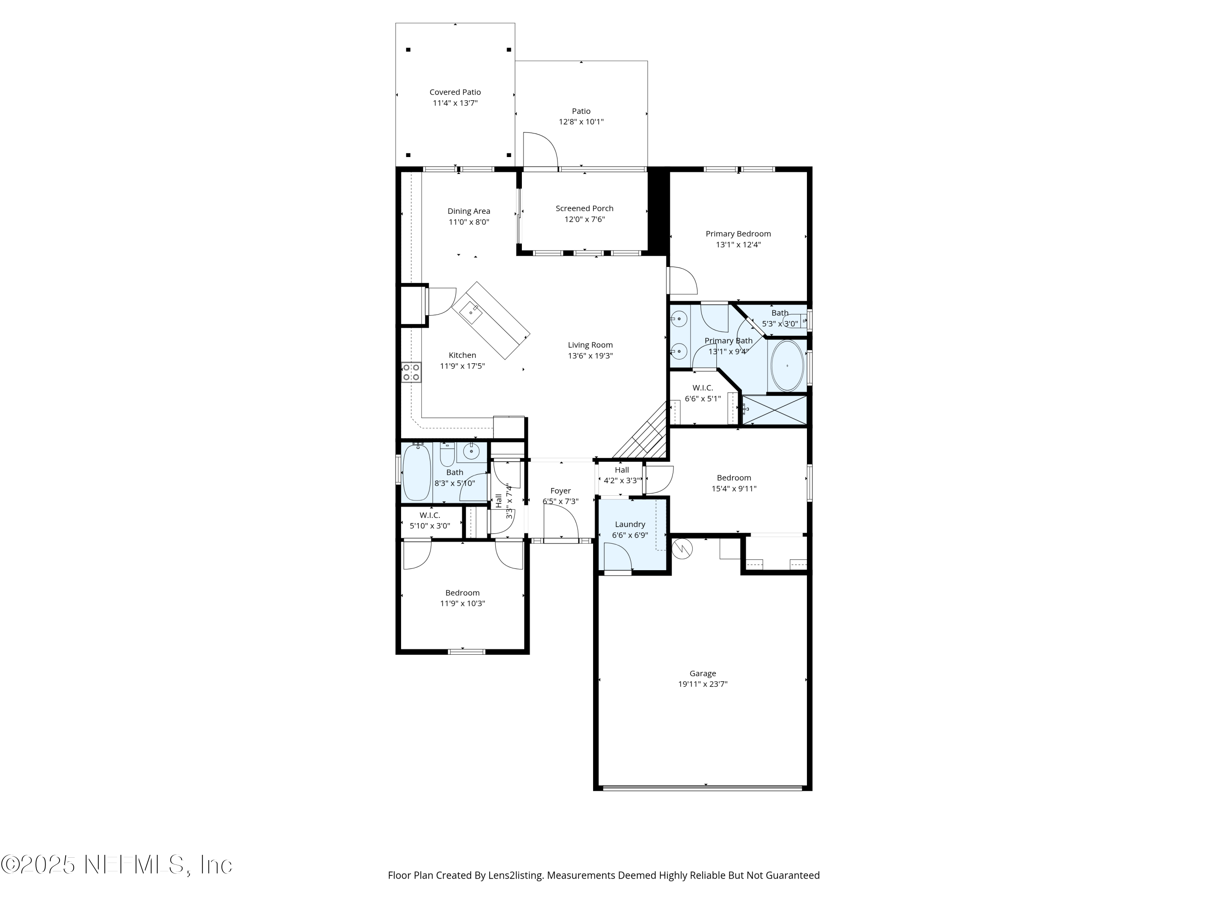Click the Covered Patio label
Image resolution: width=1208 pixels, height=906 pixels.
coord(455,92)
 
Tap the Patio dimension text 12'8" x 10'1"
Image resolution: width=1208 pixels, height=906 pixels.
coord(581,122)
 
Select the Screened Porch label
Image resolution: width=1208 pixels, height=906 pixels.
coord(584,209)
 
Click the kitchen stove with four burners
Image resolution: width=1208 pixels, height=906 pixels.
coord(411,372)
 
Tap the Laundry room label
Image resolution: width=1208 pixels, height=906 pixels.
coord(630,524)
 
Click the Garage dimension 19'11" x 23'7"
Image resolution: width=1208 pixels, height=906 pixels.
coord(702,684)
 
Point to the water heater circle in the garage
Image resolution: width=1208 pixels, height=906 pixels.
coord(682,549)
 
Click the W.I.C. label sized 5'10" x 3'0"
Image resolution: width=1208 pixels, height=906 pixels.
coord(430,515)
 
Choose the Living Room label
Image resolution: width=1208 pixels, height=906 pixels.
coord(590,345)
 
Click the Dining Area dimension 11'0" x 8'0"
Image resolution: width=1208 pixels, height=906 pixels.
coord(469,222)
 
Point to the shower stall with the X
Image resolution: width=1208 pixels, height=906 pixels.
coord(774,410)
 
